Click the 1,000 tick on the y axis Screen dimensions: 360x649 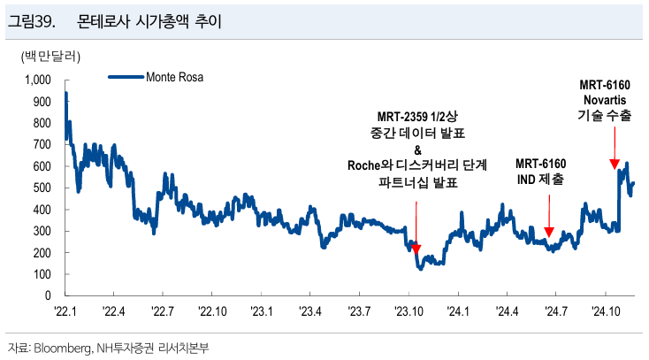pos(41,80)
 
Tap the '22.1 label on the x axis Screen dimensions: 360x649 pos(66,310)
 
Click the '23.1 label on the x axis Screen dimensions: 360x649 pos(262,310)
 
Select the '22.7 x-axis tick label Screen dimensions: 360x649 pos(164,310)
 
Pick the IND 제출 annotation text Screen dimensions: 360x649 pos(541,180)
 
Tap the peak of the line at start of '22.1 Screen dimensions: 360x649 pos(66,93)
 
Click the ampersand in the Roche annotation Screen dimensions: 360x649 pos(416,149)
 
